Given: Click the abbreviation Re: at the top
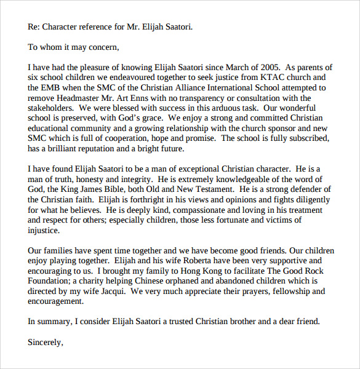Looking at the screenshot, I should [35, 26].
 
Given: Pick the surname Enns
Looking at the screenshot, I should [152, 98].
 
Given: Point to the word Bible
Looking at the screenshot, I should [123, 189].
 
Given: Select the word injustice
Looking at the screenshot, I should [44, 231].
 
